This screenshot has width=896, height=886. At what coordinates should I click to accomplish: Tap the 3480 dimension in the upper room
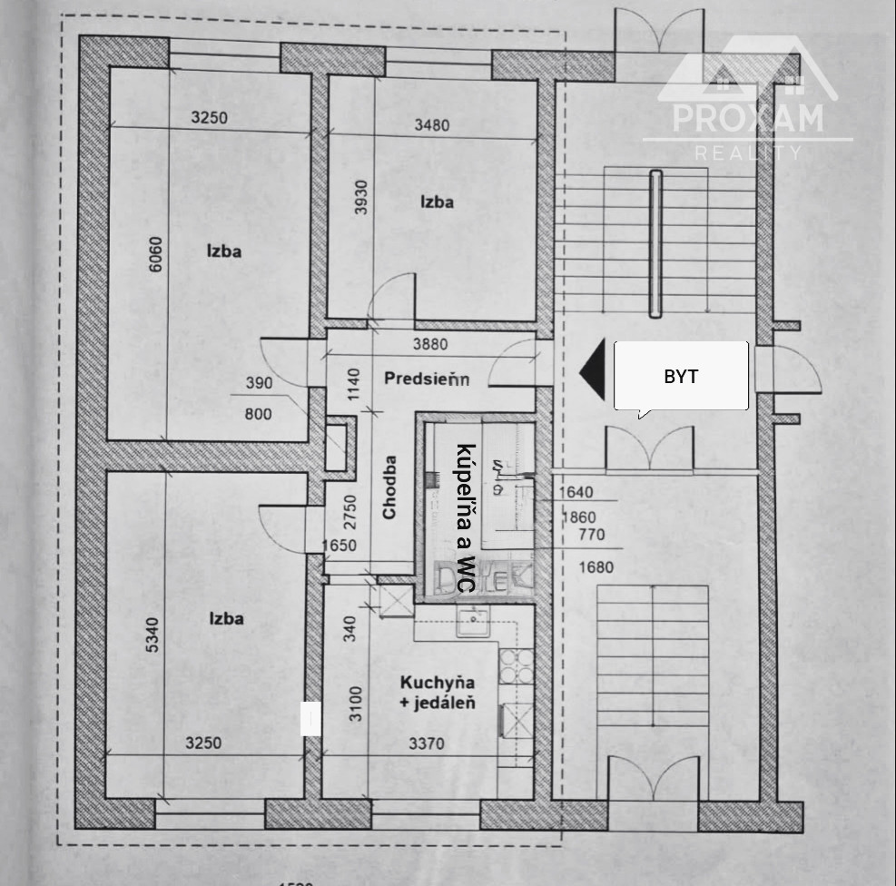click(x=431, y=125)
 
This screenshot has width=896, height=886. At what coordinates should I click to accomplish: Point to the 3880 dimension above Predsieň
click(x=431, y=345)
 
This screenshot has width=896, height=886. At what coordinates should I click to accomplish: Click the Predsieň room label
click(x=426, y=379)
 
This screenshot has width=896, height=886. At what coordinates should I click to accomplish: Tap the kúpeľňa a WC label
click(x=465, y=519)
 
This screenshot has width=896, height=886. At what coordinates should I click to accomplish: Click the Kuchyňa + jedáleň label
click(x=438, y=691)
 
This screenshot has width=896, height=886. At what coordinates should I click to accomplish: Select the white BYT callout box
click(x=681, y=376)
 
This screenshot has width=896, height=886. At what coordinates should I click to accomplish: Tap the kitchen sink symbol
click(x=472, y=624)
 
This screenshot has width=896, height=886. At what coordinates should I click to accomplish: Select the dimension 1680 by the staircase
click(x=596, y=567)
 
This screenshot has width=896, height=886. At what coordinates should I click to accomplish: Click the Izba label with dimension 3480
click(x=436, y=202)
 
